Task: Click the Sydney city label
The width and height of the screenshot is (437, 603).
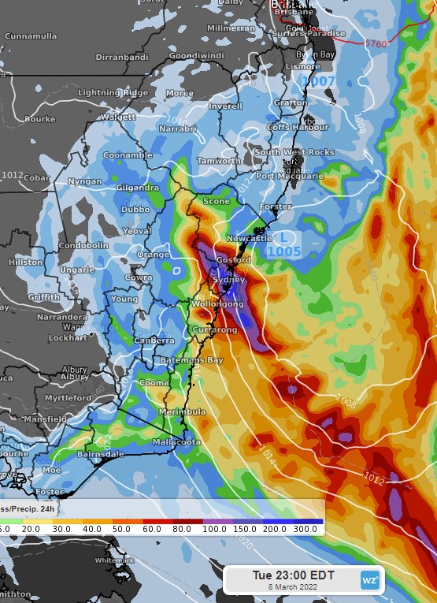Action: pyautogui.click(x=229, y=280)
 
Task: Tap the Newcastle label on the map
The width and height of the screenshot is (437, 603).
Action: pyautogui.click(x=249, y=238)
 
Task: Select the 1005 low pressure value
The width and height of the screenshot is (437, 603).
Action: pyautogui.click(x=283, y=251)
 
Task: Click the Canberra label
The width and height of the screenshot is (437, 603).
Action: pyautogui.click(x=155, y=340)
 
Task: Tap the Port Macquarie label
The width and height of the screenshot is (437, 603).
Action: pyautogui.click(x=289, y=176)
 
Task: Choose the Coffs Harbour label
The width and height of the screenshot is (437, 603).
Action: pyautogui.click(x=298, y=127)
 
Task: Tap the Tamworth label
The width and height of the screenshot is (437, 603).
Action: pyautogui.click(x=218, y=161)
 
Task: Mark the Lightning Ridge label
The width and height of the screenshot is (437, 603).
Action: pyautogui.click(x=113, y=93)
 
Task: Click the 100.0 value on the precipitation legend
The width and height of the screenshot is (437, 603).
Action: pyautogui.click(x=213, y=528)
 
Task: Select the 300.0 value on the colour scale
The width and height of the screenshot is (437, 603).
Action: pyautogui.click(x=306, y=528)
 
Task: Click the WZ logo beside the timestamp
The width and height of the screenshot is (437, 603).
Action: pyautogui.click(x=369, y=580)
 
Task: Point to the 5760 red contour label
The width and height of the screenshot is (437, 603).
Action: pyautogui.click(x=376, y=44)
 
